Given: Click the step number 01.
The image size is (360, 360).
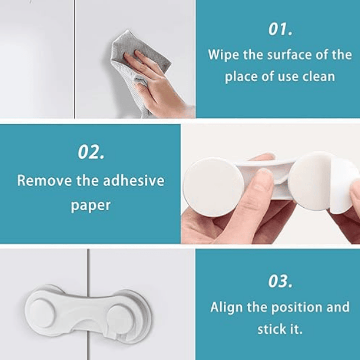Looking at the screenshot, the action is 280,29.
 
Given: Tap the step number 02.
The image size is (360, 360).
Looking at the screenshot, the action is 91,152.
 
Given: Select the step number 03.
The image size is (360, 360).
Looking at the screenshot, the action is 280,281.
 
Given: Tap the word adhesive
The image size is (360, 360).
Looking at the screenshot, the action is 134,180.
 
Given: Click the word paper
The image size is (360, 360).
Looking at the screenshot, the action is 91,206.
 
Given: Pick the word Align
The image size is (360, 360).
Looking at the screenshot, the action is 226,307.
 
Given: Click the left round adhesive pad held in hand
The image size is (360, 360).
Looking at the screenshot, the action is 213,187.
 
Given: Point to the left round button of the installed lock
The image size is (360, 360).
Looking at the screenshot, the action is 42,313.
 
